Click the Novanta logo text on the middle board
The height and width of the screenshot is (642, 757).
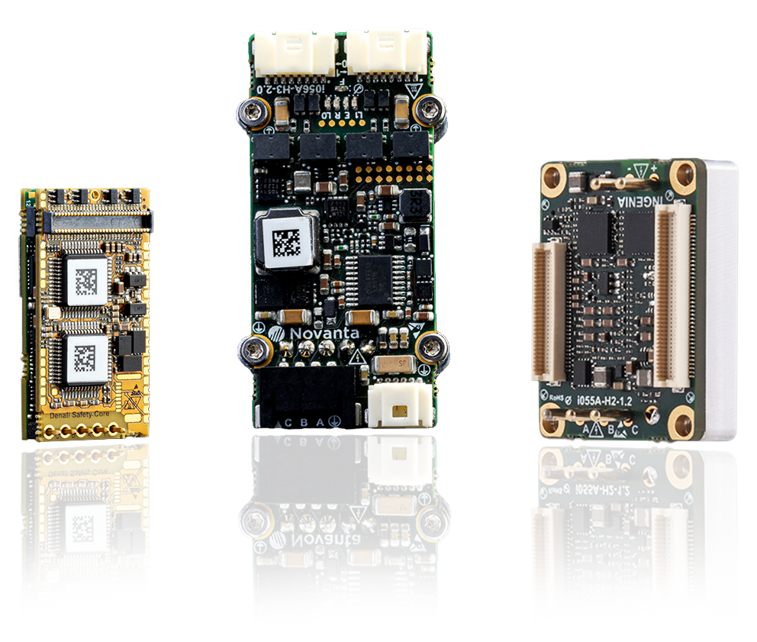(324, 334)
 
